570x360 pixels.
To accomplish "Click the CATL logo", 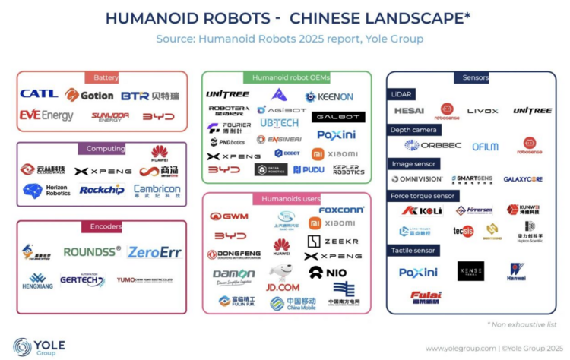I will coord(39,94).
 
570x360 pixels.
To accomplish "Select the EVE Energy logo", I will coord(46,115).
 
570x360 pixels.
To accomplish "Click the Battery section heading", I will coord(106,77).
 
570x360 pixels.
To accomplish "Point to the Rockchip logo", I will coord(102,189).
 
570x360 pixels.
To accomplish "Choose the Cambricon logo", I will coord(157,190).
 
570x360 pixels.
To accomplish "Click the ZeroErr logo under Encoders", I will coord(154,252).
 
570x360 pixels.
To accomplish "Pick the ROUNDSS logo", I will coord(91,251).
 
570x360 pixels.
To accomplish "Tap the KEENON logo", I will coord(329,96).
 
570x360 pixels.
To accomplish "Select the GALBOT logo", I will coord(338,116).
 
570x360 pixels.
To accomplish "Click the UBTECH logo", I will coord(279,123).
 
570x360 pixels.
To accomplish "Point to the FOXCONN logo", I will coord(341,210).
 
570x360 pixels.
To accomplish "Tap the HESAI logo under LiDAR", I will coord(409,111).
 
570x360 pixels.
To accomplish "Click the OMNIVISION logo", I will coord(416,179).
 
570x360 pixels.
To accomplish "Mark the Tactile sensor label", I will coord(413,251).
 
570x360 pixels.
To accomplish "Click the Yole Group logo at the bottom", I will coord(34,347).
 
